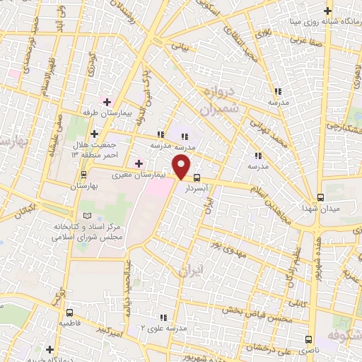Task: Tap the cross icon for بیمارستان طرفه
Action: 107,103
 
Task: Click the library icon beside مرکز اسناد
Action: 87,215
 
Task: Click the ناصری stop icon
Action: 308,339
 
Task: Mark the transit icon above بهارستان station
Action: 84,174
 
